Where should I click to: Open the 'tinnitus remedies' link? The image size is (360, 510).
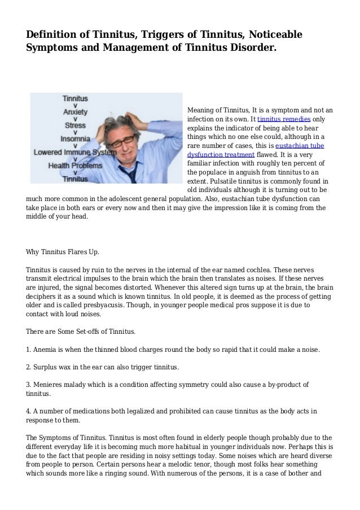pyautogui.click(x=283, y=120)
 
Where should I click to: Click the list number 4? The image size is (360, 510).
pyautogui.click(x=29, y=411)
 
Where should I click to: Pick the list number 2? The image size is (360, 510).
pyautogui.click(x=29, y=368)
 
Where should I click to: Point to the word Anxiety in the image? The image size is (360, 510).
pyautogui.click(x=75, y=112)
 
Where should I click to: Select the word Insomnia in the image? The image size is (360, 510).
pyautogui.click(x=75, y=138)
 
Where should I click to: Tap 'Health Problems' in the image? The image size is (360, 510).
pyautogui.click(x=75, y=166)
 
